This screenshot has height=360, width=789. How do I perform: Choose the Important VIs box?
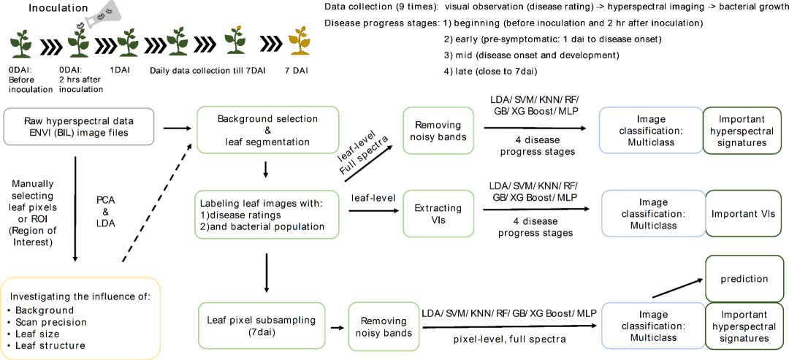[743, 213]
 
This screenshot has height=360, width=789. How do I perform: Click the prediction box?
[743, 278]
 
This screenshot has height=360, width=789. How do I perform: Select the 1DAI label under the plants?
[121, 70]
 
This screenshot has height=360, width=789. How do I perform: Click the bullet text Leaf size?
[38, 334]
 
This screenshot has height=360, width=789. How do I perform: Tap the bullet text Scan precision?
[51, 322]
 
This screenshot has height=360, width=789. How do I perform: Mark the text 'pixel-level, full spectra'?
[510, 340]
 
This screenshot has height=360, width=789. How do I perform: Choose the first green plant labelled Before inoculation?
[22, 43]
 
